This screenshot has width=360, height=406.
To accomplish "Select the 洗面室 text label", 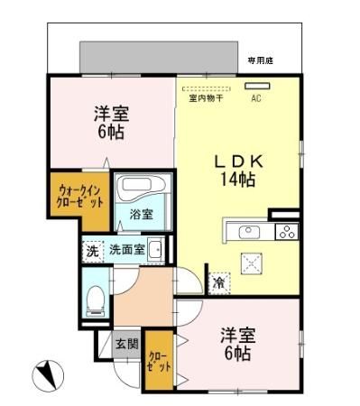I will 125,250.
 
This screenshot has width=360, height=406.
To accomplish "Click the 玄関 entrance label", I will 126,344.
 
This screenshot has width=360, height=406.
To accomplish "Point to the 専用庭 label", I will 261,60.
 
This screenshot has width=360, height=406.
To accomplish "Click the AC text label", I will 255,98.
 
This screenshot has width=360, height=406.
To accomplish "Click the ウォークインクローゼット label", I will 80,196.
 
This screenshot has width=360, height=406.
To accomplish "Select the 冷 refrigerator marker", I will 219,283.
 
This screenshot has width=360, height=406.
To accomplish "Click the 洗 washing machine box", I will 92,251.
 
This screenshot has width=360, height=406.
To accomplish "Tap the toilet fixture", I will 95,302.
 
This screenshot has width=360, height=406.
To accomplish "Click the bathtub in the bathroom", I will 140,190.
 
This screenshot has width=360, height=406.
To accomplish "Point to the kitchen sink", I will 249,232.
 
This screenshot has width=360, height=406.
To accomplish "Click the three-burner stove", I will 285,232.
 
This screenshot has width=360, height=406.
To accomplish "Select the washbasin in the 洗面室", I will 156,250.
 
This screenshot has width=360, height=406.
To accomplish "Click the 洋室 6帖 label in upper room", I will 109,123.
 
